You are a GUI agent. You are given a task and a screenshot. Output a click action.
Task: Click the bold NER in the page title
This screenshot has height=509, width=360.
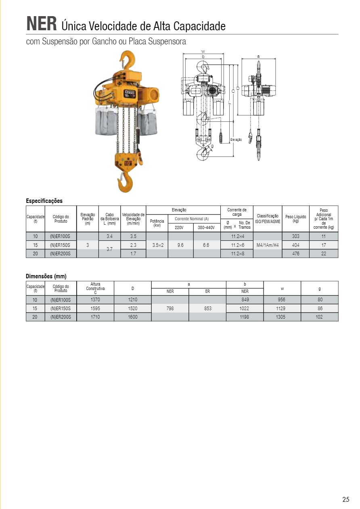(41, 24)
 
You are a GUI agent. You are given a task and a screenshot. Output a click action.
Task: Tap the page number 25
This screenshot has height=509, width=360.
(346, 500)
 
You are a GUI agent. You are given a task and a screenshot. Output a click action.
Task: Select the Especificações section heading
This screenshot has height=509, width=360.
(44, 201)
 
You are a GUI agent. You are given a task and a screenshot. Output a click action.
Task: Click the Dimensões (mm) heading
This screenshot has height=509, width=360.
(46, 276)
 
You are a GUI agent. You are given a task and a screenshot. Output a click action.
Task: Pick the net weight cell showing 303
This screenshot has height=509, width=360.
(295, 236)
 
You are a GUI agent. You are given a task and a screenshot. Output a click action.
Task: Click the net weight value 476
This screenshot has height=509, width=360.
(295, 254)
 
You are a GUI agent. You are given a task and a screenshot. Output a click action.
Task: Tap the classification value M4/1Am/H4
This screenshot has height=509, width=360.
(268, 245)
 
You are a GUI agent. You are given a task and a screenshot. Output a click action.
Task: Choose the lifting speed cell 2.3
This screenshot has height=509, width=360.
(133, 245)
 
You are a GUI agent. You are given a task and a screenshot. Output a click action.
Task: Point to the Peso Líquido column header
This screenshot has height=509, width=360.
(295, 219)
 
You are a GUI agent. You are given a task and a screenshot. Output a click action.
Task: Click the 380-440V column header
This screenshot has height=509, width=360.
(206, 227)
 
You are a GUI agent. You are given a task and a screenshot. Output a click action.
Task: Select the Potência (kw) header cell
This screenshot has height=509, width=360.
(157, 223)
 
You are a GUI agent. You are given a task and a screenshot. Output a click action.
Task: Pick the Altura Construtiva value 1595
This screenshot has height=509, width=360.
(95, 309)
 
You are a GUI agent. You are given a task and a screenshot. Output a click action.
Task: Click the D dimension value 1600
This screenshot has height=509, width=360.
(132, 317)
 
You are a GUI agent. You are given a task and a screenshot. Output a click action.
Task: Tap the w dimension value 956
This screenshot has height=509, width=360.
(282, 300)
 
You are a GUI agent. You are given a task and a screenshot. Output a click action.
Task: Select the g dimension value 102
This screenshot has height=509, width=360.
(319, 317)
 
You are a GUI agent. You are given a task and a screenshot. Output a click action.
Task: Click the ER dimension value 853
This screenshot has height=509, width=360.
(207, 309)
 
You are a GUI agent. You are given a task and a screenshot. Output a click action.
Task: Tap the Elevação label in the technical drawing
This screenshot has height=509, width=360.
(236, 140)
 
